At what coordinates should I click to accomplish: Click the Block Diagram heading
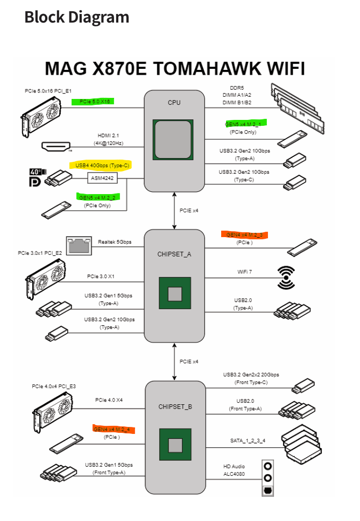[x=76, y=17]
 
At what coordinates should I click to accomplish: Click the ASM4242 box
[x=102, y=176]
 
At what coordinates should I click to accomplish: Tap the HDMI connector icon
[x=57, y=145]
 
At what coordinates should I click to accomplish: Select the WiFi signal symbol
[x=285, y=277]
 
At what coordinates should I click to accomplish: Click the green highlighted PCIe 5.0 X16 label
[x=95, y=101]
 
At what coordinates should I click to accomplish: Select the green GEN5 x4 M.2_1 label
[x=243, y=124]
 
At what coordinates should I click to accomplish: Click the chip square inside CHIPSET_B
[x=175, y=445]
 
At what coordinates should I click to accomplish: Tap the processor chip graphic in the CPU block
[x=174, y=139]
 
